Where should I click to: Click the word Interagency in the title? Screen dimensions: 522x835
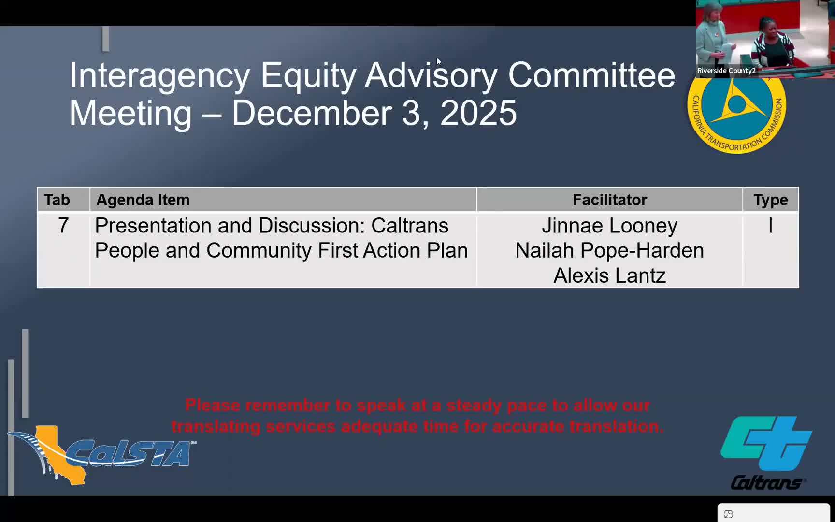pyautogui.click(x=160, y=76)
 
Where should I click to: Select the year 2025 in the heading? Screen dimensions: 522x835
pyautogui.click(x=478, y=113)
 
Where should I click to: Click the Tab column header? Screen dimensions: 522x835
pyautogui.click(x=57, y=200)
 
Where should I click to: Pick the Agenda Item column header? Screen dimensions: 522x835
pyautogui.click(x=143, y=200)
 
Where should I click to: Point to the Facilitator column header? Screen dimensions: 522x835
pyautogui.click(x=609, y=200)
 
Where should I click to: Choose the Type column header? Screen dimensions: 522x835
pyautogui.click(x=770, y=200)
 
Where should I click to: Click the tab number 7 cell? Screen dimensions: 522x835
pyautogui.click(x=63, y=226)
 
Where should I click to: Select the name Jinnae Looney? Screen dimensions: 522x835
pyautogui.click(x=609, y=226)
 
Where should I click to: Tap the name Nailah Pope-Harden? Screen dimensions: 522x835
pyautogui.click(x=609, y=250)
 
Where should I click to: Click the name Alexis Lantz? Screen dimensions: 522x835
pyautogui.click(x=609, y=275)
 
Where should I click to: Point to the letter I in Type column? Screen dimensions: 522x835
pyautogui.click(x=770, y=226)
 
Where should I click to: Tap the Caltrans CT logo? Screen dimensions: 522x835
pyautogui.click(x=766, y=452)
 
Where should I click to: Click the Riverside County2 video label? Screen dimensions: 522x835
pyautogui.click(x=726, y=71)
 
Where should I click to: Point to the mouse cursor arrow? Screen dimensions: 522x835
pyautogui.click(x=438, y=61)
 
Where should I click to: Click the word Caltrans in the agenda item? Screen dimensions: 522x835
pyautogui.click(x=410, y=226)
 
